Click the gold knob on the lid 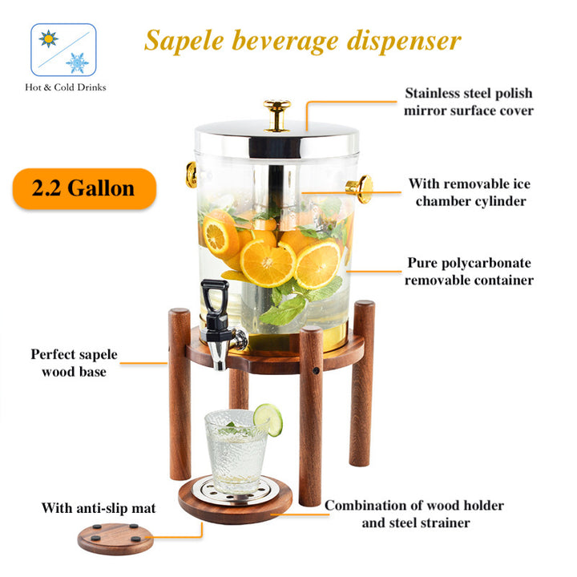tap(276, 115)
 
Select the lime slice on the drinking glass tap(268, 419)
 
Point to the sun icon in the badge tap(49, 38)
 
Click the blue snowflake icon tap(77, 63)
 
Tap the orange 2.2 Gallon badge tap(84, 189)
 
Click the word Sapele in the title tap(184, 41)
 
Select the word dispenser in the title tap(404, 41)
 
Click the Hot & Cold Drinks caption tap(66, 87)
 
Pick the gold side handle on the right tap(360, 189)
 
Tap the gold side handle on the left tap(191, 175)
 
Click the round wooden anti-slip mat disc tap(115, 539)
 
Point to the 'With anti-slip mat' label tap(99, 508)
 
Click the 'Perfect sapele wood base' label tap(74, 363)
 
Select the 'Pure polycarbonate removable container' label tap(469, 272)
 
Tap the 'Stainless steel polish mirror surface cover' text tap(469, 102)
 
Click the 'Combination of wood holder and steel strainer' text tap(415, 514)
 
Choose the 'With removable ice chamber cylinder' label tap(470, 192)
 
